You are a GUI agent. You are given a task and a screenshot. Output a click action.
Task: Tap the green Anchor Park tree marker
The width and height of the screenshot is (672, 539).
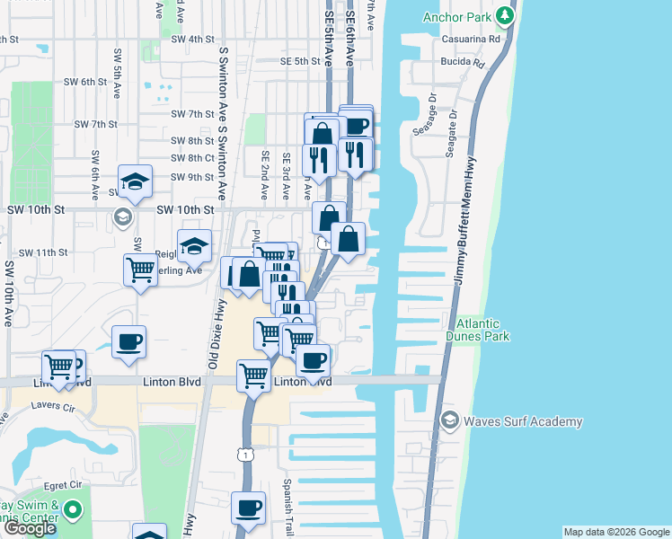coord(506,15)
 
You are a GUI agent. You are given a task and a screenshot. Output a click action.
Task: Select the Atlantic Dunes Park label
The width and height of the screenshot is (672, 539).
coord(482,330)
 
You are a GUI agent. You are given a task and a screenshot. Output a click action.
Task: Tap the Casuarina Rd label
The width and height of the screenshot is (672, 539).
coord(470,40)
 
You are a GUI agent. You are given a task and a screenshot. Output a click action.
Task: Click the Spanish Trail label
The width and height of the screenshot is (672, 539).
coord(288,503)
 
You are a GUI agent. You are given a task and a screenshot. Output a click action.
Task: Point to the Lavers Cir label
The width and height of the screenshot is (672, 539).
coord(53,407)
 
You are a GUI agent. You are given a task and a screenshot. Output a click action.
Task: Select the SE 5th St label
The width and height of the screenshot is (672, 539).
coord(300,61)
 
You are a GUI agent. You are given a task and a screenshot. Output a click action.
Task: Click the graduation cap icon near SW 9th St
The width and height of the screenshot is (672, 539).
coord(135,181)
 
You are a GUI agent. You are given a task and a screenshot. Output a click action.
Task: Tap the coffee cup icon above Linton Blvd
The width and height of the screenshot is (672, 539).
coord(128,341)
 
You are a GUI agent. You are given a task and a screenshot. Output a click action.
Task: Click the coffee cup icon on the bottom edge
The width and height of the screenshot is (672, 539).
coord(249,508)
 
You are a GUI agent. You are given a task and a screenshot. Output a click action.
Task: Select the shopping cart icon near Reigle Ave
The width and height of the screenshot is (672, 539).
coord(140,269)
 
